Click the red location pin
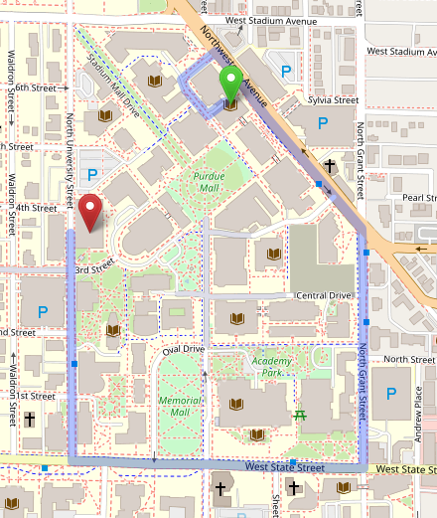92,210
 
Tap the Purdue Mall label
209,182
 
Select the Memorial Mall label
179,406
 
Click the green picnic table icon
300,414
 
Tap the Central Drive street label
324,295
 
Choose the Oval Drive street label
184,349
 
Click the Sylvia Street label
333,100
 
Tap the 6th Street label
36,87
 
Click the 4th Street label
37,208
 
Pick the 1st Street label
36,396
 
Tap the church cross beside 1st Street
30,420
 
